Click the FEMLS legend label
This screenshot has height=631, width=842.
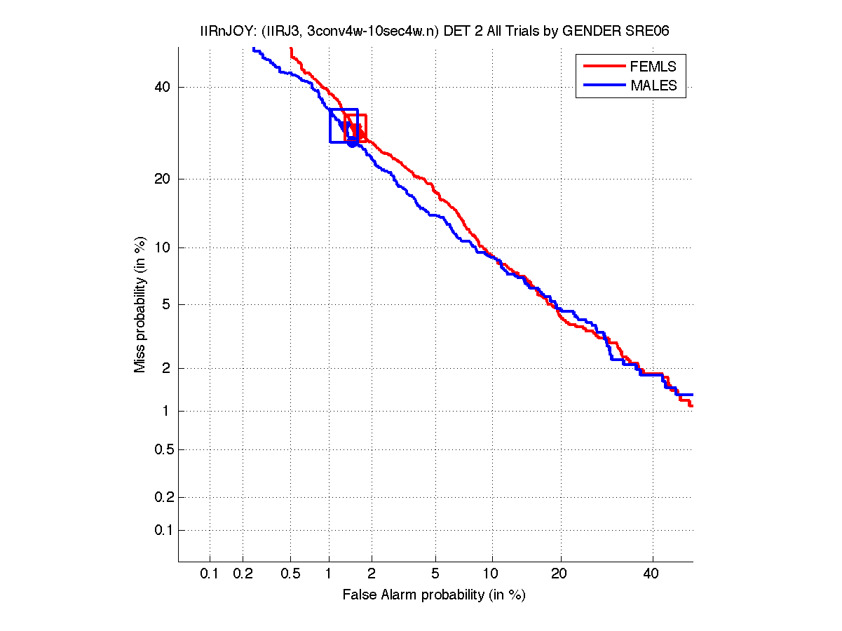[653, 67]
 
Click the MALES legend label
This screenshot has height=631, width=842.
[653, 86]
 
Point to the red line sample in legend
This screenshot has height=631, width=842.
[604, 67]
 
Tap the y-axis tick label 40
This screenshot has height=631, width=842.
[162, 88]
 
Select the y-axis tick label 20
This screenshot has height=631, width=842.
[162, 179]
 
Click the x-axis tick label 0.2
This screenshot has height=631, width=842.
[243, 574]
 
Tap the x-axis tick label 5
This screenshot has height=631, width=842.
[435, 574]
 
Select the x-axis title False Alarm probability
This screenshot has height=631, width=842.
[433, 595]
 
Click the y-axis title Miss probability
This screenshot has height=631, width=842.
[140, 305]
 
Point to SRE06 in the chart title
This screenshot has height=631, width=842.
[638, 32]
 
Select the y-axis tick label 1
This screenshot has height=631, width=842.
[165, 412]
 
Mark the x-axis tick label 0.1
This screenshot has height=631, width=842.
[210, 574]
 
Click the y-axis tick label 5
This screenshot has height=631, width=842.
[165, 305]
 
